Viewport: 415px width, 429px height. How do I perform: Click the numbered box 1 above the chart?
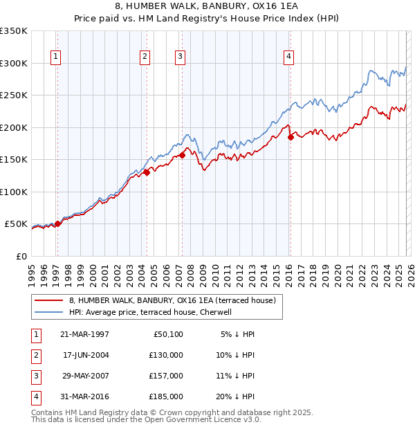[x=55, y=57]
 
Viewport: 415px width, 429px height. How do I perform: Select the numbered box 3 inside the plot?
[x=180, y=57]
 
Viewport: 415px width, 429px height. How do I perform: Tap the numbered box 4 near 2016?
[x=288, y=57]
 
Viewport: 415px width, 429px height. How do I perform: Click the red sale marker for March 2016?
[x=290, y=138]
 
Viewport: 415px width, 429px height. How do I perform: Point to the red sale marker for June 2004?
[x=147, y=173]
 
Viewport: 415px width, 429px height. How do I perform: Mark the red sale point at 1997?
[x=58, y=223]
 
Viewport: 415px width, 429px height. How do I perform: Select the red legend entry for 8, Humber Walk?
[x=172, y=300]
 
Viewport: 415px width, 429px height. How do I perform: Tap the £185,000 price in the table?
[x=165, y=396]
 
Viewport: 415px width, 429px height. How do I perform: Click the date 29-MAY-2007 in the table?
[x=86, y=376]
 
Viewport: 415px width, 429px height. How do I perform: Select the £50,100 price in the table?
[x=167, y=334]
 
